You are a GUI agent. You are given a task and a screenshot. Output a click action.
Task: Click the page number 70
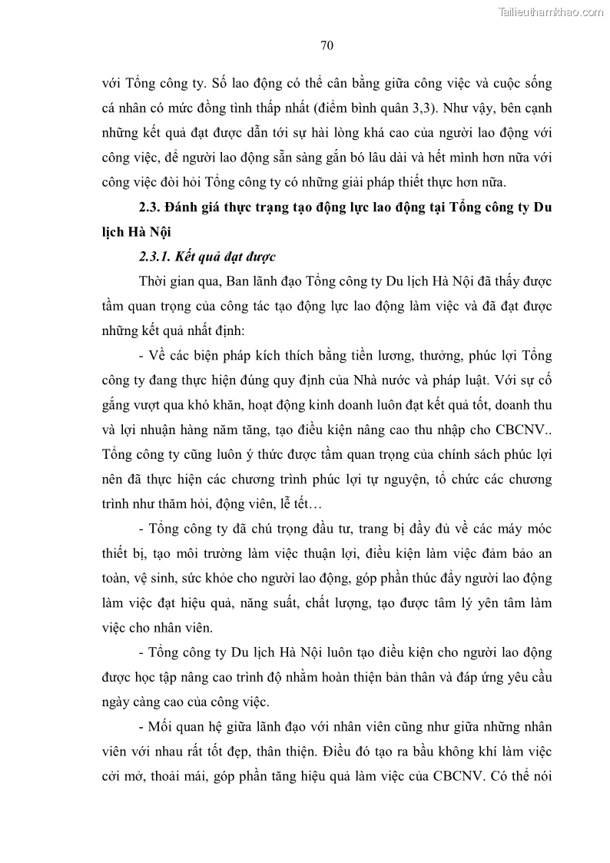coord(327,46)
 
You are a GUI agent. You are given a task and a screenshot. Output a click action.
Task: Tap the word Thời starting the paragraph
coord(154,280)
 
